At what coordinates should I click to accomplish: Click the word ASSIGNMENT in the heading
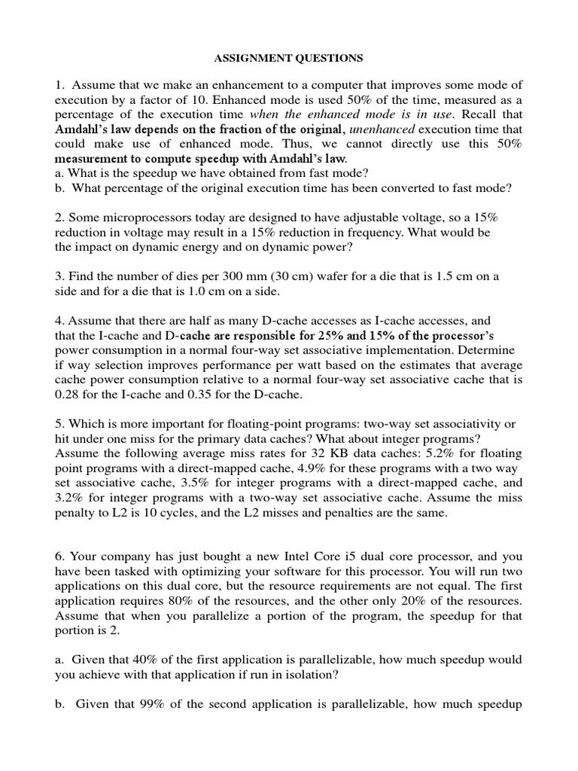coord(248,57)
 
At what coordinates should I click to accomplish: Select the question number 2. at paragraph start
coord(59,216)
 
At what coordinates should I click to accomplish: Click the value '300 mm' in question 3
coord(233,276)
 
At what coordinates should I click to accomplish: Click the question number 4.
coord(59,319)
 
